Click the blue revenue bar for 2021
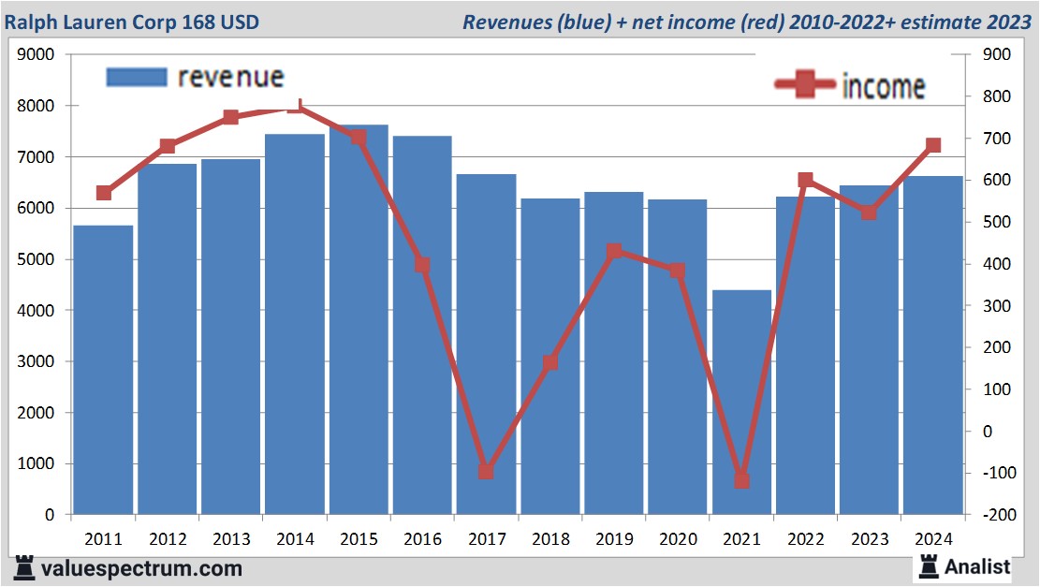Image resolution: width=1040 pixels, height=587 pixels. point(741,403)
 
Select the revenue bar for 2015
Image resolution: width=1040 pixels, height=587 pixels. point(359,319)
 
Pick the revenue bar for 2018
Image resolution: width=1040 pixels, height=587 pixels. point(550,357)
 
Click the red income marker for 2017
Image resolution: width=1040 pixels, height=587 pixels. point(486,472)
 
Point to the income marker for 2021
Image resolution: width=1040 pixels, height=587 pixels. point(741,480)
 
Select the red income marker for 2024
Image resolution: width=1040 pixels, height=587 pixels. point(933,145)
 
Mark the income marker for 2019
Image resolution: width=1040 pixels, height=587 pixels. point(613,251)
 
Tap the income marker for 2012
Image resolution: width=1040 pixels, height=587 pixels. point(168,146)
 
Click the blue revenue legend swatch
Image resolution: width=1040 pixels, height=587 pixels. point(137,77)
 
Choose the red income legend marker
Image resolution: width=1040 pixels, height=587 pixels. point(805,85)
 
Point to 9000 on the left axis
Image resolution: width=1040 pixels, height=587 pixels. point(37,55)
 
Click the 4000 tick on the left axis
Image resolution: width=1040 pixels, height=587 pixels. point(37,311)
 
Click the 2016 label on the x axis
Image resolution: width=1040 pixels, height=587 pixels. point(423,540)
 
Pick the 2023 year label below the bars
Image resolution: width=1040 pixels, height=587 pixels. point(870,540)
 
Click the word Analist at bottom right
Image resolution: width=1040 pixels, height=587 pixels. point(977,566)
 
